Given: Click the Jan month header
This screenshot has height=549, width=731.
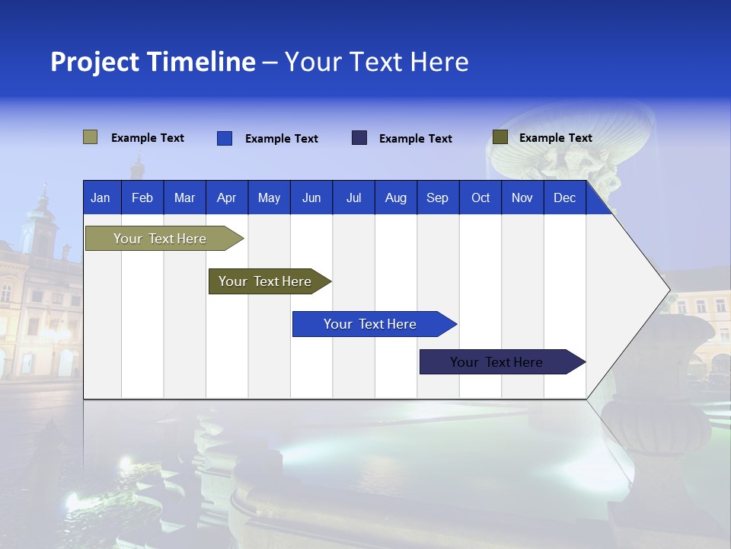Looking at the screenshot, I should click(x=101, y=197).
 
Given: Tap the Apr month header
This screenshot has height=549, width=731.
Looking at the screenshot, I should click(x=226, y=197).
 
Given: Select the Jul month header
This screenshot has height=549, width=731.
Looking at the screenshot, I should click(x=353, y=197).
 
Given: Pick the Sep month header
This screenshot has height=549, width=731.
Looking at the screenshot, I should click(x=437, y=197).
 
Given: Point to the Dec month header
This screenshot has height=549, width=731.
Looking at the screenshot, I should click(x=564, y=197).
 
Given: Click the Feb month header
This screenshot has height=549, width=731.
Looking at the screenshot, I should click(x=142, y=197).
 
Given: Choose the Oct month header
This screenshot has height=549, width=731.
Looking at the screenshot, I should click(x=480, y=197).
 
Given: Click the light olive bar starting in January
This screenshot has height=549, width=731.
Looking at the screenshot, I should click(x=160, y=239).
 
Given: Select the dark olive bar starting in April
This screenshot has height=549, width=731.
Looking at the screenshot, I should click(x=265, y=281).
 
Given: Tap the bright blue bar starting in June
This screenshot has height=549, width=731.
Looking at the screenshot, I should click(x=370, y=324).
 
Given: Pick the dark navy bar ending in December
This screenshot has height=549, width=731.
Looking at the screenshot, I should click(x=496, y=362).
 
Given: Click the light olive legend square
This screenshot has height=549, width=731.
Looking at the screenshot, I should click(x=90, y=137).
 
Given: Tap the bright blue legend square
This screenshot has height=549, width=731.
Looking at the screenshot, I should click(x=224, y=138).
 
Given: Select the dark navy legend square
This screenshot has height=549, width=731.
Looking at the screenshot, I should click(x=359, y=138).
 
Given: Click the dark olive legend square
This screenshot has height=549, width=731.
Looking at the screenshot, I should click(x=500, y=137).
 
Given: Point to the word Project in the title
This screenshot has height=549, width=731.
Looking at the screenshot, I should click(x=95, y=62).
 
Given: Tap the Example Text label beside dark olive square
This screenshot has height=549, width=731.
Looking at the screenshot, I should click(x=555, y=138).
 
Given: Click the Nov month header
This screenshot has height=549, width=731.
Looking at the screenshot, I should click(x=522, y=197).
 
